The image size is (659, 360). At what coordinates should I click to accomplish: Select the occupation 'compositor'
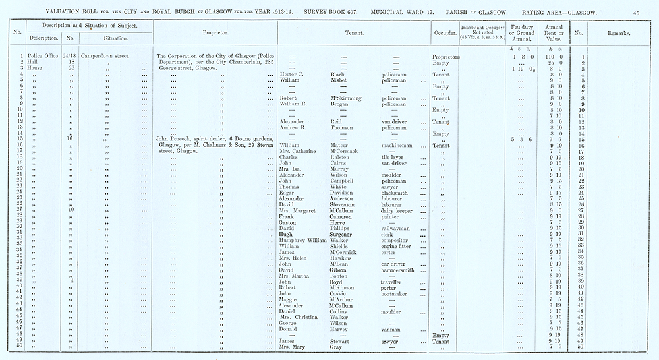[x=397, y=240]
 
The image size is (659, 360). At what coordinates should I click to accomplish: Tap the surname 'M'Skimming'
[x=347, y=98]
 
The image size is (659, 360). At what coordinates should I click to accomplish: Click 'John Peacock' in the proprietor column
[x=174, y=139]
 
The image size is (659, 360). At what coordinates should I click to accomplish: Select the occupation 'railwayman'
[x=397, y=228]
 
